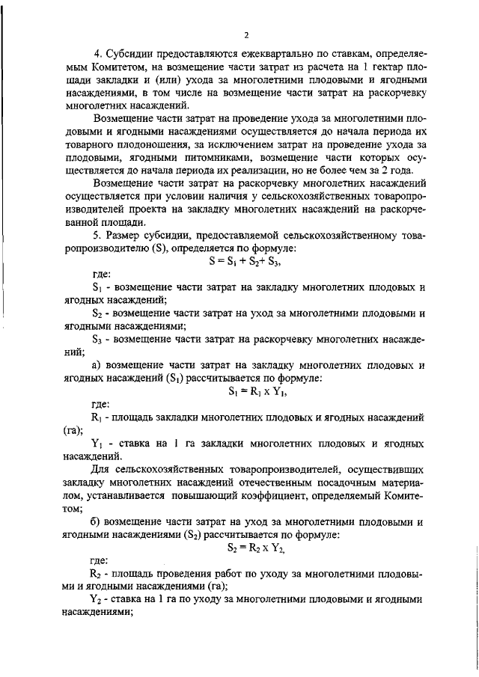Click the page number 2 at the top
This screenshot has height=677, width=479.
point(245,34)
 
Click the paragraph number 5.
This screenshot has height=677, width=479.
point(96,236)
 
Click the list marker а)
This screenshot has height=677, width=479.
point(97,365)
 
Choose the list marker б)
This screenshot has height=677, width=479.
point(97,521)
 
